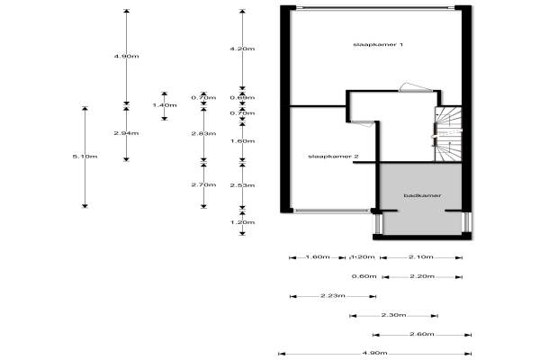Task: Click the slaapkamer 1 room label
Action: (371, 45)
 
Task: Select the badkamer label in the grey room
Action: (420, 194)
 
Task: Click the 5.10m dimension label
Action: (85, 157)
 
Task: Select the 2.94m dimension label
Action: (126, 133)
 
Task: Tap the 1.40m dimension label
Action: (164, 105)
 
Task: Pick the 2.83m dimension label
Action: (203, 133)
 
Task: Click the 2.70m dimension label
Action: (203, 184)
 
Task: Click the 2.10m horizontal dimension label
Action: (421, 257)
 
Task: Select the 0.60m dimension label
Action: (363, 276)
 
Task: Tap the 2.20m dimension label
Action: (421, 276)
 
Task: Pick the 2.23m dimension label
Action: (332, 295)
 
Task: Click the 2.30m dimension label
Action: (393, 315)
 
